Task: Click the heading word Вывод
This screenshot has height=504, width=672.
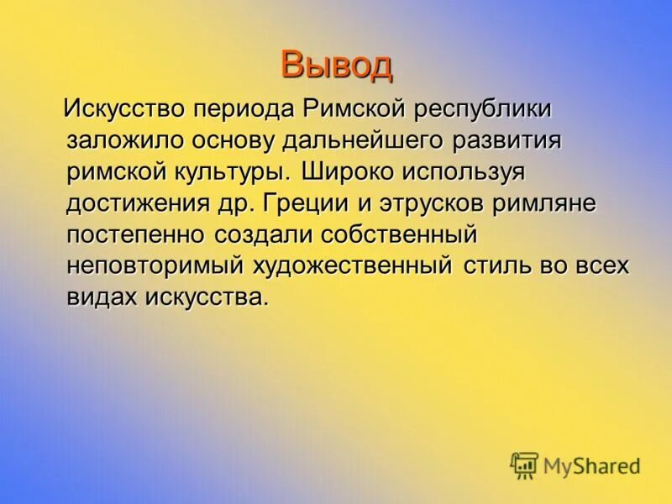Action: coord(336,64)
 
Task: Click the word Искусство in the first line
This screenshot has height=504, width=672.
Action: coord(124,109)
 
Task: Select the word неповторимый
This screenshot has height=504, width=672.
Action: coord(155,266)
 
